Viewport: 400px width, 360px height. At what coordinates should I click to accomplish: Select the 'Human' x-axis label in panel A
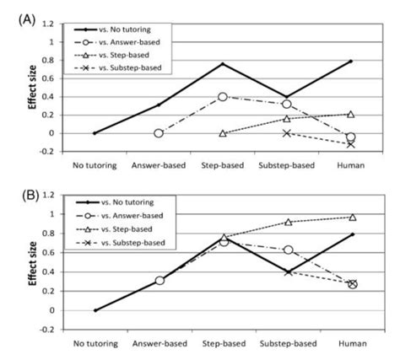349,166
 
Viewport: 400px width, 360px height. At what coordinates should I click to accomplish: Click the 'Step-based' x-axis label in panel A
222,166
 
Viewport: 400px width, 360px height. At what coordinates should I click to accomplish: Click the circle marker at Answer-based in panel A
158,133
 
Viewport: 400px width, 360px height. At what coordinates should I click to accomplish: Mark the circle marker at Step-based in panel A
222,97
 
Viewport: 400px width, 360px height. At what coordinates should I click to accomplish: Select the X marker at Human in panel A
350,144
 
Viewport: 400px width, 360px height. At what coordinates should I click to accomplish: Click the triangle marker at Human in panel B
350,217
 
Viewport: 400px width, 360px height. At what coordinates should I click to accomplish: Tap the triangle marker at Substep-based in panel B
286,222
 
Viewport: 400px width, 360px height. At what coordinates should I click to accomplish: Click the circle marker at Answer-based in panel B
158,280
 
